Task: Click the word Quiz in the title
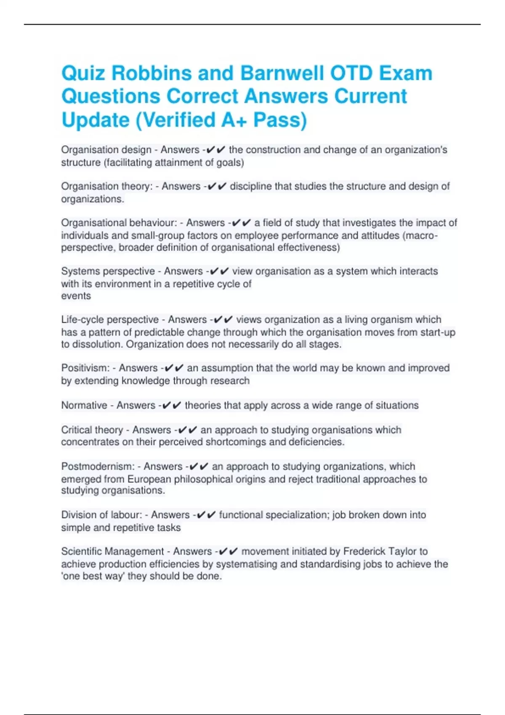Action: (83, 74)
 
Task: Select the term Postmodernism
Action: (98, 466)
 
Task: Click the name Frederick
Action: (365, 551)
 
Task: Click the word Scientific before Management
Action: (82, 551)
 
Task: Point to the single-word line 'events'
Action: (76, 296)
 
